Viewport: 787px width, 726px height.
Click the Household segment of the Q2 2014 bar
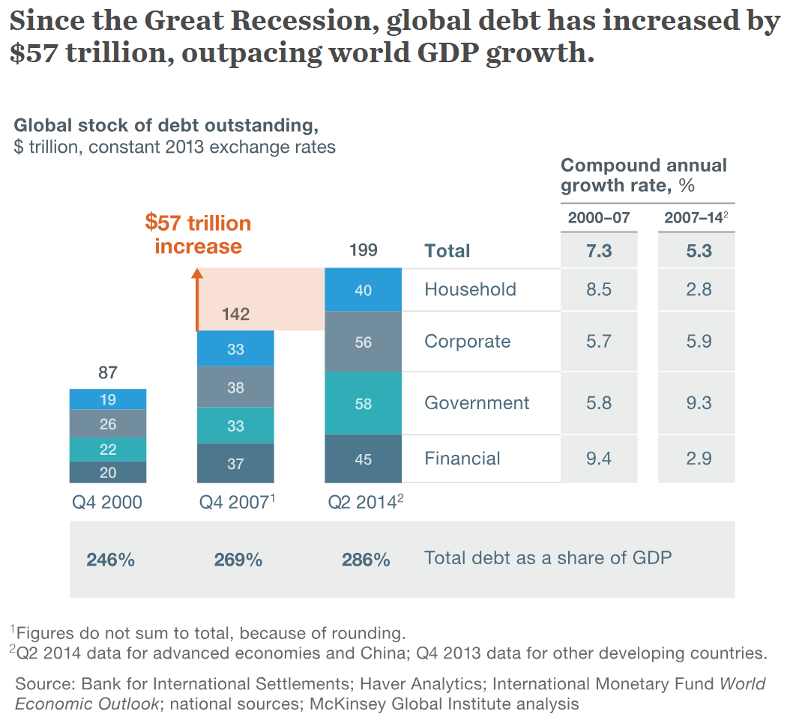[x=363, y=290]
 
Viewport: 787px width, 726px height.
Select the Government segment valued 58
[x=363, y=403]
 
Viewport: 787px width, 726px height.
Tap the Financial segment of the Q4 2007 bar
[x=235, y=464]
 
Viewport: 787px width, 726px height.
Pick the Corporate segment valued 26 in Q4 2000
[x=108, y=424]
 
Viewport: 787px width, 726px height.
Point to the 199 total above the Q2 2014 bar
[x=363, y=250]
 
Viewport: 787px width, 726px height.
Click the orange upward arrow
[x=198, y=300]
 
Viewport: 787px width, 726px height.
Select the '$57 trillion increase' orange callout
[x=198, y=235]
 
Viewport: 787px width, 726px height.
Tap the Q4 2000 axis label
[x=107, y=503]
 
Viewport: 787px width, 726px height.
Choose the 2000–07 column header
[x=599, y=218]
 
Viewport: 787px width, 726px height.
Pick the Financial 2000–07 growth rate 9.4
[x=599, y=459]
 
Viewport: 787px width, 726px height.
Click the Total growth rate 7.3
[x=599, y=251]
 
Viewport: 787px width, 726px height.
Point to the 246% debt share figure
[x=110, y=560]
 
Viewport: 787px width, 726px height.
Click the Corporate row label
[x=467, y=342]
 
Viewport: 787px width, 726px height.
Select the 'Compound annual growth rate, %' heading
[x=644, y=175]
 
